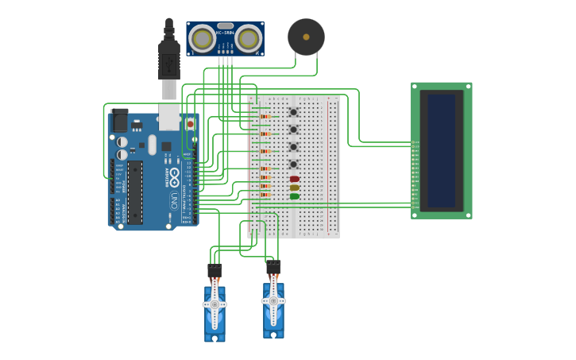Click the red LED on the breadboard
[x=294, y=179]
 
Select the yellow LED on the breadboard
[x=294, y=188]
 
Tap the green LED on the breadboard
[x=294, y=196]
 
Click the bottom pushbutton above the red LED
[x=293, y=165]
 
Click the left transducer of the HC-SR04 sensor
[x=203, y=38]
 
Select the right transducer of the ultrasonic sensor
[x=249, y=38]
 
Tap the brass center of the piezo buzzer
[x=306, y=37]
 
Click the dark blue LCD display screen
[x=442, y=150]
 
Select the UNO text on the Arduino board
[x=173, y=199]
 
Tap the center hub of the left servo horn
[x=215, y=304]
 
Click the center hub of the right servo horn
[x=273, y=301]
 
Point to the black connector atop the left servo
[x=215, y=271]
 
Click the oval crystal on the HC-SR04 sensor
[x=226, y=25]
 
